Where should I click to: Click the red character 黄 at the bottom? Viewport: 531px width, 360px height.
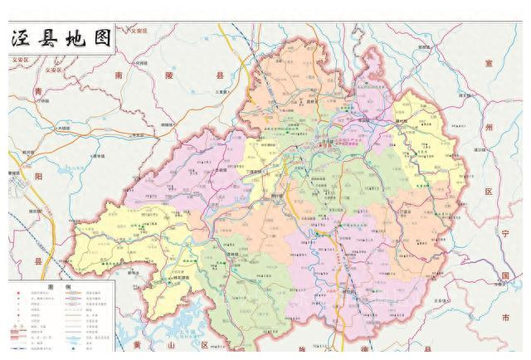point(136,344)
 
